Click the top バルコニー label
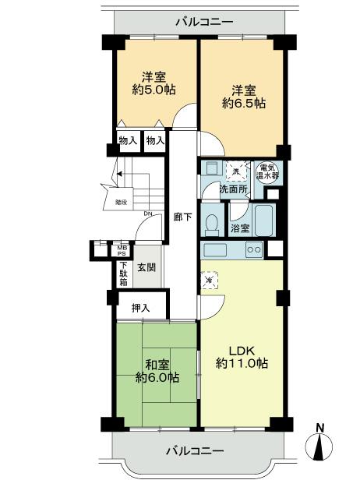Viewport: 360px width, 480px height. pos(203,22)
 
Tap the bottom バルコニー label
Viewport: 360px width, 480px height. pos(194,451)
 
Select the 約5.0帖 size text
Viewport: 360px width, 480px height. pos(154,91)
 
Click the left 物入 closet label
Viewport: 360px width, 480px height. pos(128,141)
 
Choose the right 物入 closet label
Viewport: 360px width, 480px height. pos(155,141)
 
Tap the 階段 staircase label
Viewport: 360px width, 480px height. pos(122,201)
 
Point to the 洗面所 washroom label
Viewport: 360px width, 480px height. pos(232,189)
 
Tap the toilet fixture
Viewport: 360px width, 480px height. pos(210,224)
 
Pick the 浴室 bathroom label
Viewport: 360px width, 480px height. pos(239,229)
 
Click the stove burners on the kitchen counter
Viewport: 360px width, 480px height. pos(254,249)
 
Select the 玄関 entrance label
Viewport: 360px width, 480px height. pos(146,267)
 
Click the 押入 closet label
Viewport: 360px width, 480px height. pos(140,307)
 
